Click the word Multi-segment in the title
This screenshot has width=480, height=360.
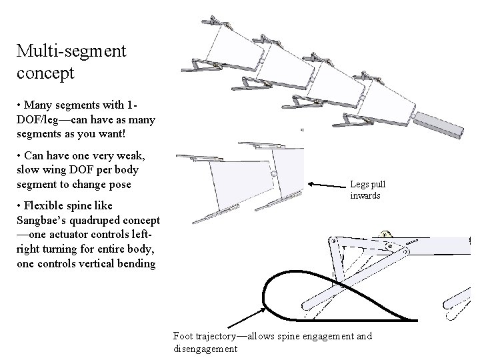click(72, 50)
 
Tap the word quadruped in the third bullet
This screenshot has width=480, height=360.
click(95, 220)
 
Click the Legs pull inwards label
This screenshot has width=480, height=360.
click(367, 190)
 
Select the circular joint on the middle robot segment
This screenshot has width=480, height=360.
click(274, 175)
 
